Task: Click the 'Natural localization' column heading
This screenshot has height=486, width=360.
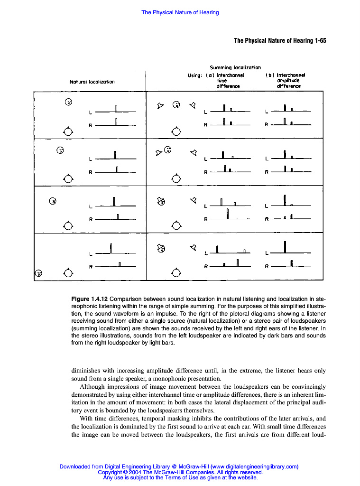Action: (x=92, y=82)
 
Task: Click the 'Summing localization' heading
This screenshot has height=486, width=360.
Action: (x=235, y=67)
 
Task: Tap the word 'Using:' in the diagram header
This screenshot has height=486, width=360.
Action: (x=195, y=75)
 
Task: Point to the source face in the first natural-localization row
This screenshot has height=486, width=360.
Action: (x=68, y=102)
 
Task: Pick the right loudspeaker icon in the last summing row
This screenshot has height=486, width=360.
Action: (x=193, y=247)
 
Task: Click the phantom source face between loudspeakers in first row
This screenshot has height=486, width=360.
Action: (x=176, y=105)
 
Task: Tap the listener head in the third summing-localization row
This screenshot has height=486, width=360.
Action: (x=176, y=225)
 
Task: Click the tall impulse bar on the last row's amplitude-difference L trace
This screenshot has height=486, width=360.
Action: (x=285, y=247)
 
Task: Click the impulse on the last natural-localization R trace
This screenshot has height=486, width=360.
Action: (x=120, y=264)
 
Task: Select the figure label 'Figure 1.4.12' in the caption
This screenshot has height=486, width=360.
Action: (x=90, y=299)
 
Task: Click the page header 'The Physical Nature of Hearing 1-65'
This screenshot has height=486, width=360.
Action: (x=280, y=41)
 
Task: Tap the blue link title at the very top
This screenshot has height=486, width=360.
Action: (x=180, y=12)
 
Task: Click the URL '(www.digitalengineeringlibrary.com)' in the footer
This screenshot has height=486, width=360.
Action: (x=254, y=467)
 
